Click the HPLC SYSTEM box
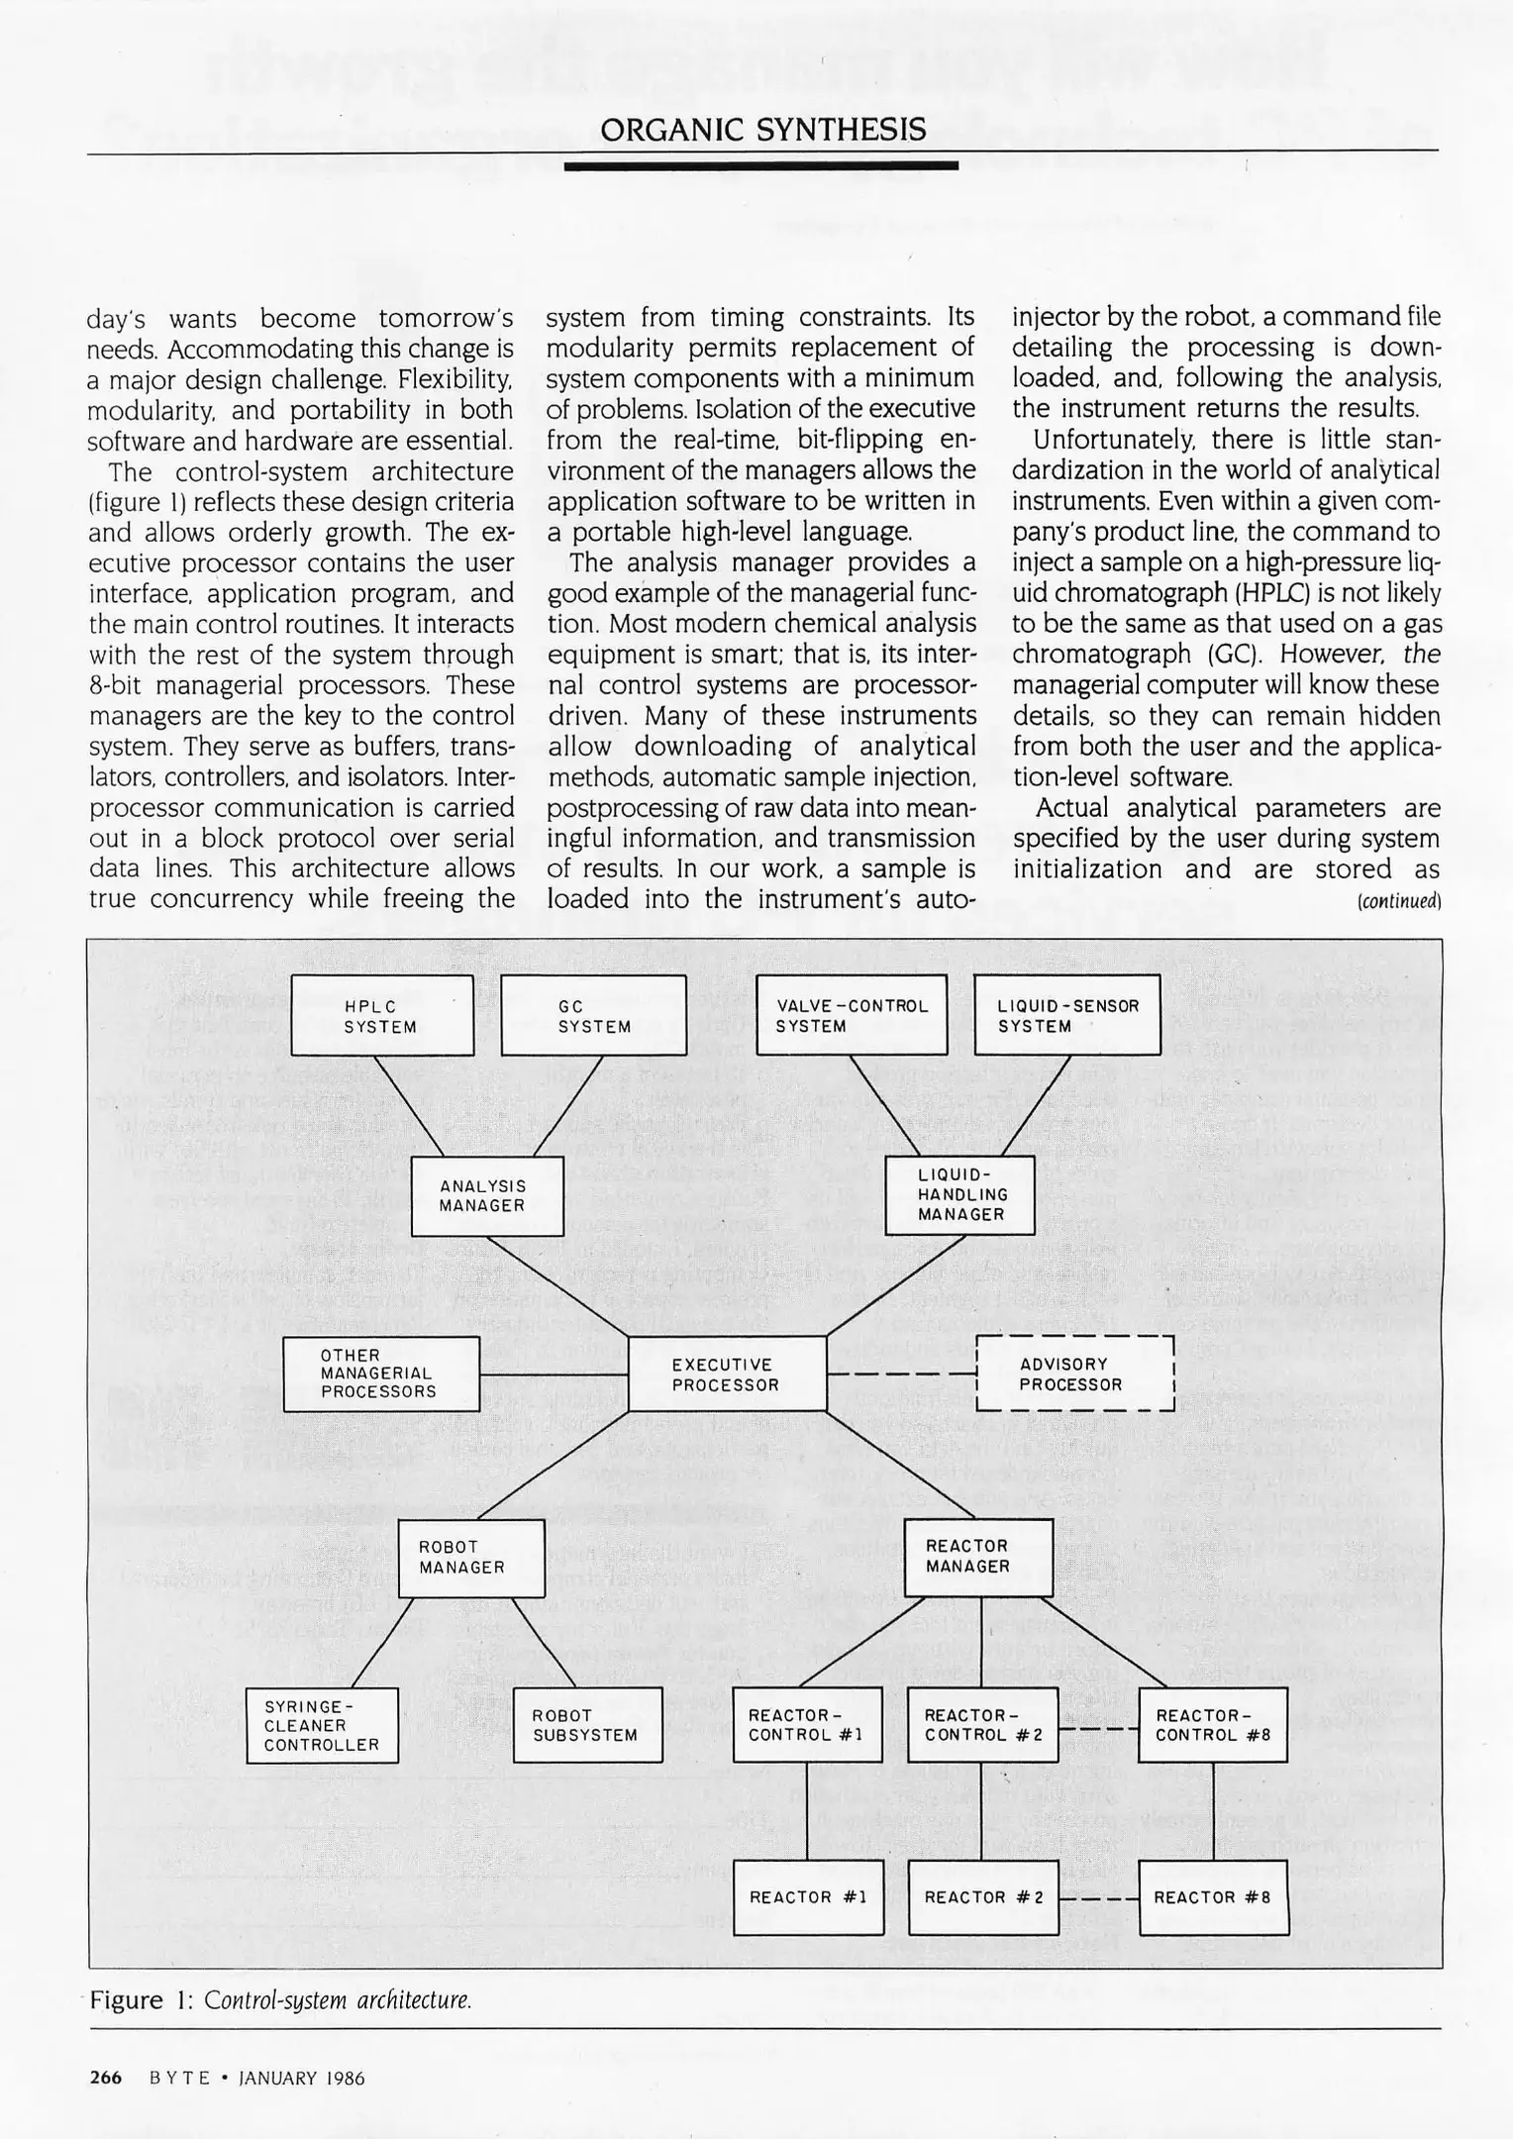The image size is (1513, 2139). pyautogui.click(x=381, y=1016)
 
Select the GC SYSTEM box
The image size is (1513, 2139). pyautogui.click(x=593, y=1016)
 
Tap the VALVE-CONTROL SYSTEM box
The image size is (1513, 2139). pyautogui.click(x=851, y=1016)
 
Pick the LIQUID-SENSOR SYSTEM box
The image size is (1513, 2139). pyautogui.click(x=1066, y=1016)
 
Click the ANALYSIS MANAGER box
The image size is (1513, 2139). pyautogui.click(x=485, y=1195)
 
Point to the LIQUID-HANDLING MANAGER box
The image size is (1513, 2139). pyautogui.click(x=959, y=1195)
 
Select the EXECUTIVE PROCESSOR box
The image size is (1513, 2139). pyautogui.click(x=727, y=1375)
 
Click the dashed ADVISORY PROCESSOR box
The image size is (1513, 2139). pyautogui.click(x=1074, y=1375)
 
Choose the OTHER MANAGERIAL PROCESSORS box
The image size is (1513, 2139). pyautogui.click(x=381, y=1374)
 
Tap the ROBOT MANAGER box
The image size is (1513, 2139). pyautogui.click(x=471, y=1557)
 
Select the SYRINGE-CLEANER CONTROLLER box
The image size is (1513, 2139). pyautogui.click(x=322, y=1725)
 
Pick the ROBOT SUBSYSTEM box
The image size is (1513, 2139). pyautogui.click(x=587, y=1725)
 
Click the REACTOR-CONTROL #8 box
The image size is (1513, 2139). pyautogui.click(x=1212, y=1725)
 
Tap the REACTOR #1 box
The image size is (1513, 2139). pyautogui.click(x=808, y=1897)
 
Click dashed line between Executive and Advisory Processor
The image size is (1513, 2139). pyautogui.click(x=901, y=1375)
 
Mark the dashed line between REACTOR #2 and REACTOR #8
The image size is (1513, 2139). pyautogui.click(x=1098, y=1898)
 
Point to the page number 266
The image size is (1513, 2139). pyautogui.click(x=106, y=2078)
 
